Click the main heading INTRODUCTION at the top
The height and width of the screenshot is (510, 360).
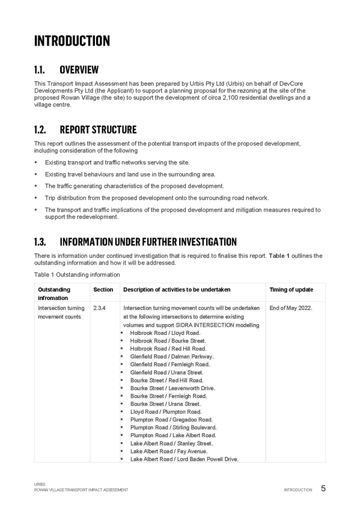[72, 41]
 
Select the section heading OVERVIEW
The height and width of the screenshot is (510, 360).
[79, 70]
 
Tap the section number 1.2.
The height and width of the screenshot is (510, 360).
[40, 129]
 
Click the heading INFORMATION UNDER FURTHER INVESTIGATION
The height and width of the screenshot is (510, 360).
[148, 242]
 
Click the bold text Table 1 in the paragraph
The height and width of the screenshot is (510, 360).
[279, 256]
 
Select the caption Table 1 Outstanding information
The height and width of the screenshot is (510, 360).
[77, 275]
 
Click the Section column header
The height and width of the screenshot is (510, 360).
[103, 289]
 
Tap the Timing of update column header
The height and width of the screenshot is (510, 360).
[291, 289]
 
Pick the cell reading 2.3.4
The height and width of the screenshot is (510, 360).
[99, 308]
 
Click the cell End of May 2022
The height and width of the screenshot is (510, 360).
[291, 308]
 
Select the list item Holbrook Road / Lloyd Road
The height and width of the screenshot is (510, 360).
[165, 333]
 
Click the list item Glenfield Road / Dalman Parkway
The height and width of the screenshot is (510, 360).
[172, 357]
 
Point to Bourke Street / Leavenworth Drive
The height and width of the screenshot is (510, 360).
[172, 388]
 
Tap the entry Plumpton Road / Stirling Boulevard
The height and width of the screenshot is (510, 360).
[173, 428]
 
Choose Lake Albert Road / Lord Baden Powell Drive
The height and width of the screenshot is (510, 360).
[185, 459]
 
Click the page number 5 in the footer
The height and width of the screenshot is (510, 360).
[323, 488]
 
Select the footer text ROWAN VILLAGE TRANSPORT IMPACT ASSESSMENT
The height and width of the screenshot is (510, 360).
[81, 490]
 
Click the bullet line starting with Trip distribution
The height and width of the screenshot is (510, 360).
[157, 198]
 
